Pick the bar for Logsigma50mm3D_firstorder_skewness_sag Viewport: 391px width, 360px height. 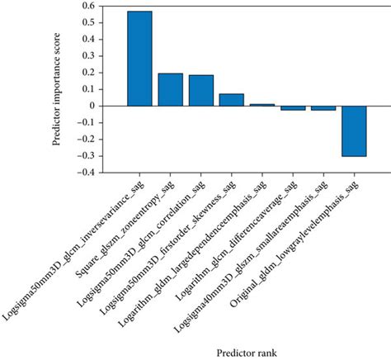pyautogui.click(x=232, y=100)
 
